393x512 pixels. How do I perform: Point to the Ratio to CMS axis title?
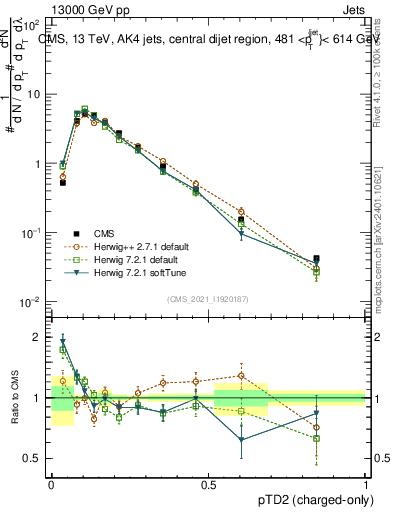click(15, 396)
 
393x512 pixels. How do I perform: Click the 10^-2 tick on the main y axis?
click(30, 302)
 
